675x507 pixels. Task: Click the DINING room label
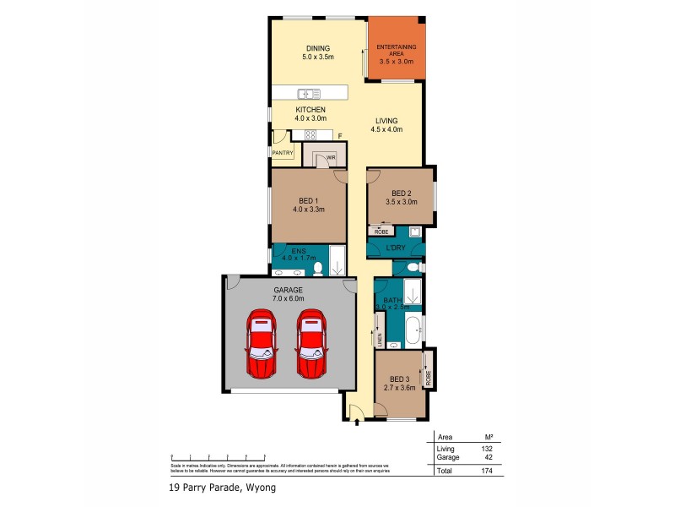tap(318, 48)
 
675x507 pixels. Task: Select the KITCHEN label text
tap(310, 110)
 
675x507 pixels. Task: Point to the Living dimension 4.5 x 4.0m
tap(388, 130)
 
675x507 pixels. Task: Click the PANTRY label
tap(282, 153)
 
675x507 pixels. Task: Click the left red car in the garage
tap(261, 344)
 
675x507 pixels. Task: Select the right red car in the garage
tap(311, 344)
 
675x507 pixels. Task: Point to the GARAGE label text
tap(287, 289)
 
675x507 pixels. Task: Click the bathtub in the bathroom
tap(414, 330)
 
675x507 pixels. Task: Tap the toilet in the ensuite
tap(318, 269)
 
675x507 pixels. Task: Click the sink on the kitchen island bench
tap(306, 93)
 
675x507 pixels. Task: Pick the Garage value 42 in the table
tap(489, 457)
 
